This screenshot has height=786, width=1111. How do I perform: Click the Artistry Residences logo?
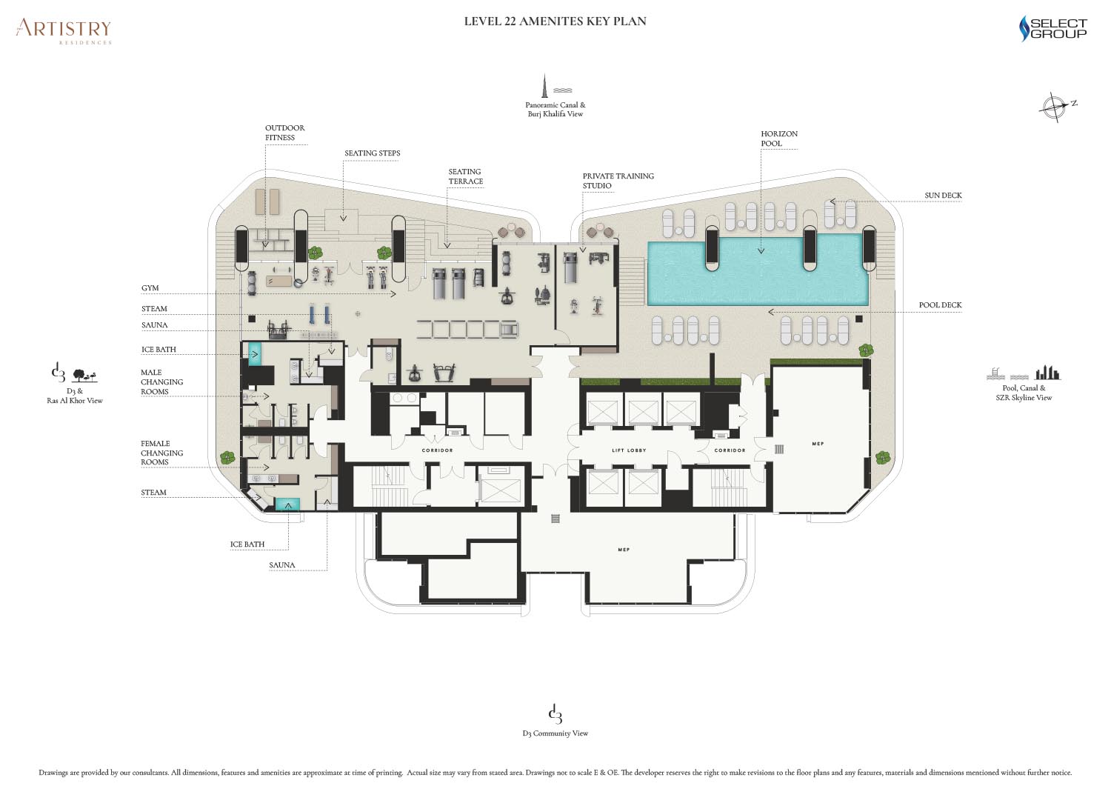64,32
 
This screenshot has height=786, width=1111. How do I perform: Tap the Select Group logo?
1053,28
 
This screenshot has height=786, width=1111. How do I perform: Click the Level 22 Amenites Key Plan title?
555,21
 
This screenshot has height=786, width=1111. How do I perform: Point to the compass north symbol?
1058,106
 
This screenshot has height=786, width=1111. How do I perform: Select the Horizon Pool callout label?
779,139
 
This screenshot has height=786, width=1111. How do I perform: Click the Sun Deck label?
943,196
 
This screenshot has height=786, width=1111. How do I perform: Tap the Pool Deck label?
940,305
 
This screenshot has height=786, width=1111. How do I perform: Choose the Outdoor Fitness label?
284,133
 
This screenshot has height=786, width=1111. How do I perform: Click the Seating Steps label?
372,153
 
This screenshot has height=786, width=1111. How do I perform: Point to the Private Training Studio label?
618,181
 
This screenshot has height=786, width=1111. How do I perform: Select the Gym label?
150,287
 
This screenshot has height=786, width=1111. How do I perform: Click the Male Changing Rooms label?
161,382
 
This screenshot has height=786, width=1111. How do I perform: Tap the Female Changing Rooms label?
161,453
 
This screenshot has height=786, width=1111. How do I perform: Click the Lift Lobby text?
629,450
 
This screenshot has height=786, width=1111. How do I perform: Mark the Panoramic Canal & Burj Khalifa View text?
555,109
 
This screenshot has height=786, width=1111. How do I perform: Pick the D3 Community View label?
555,733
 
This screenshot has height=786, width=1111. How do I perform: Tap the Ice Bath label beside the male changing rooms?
159,350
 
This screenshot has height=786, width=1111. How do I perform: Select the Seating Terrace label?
465,176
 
